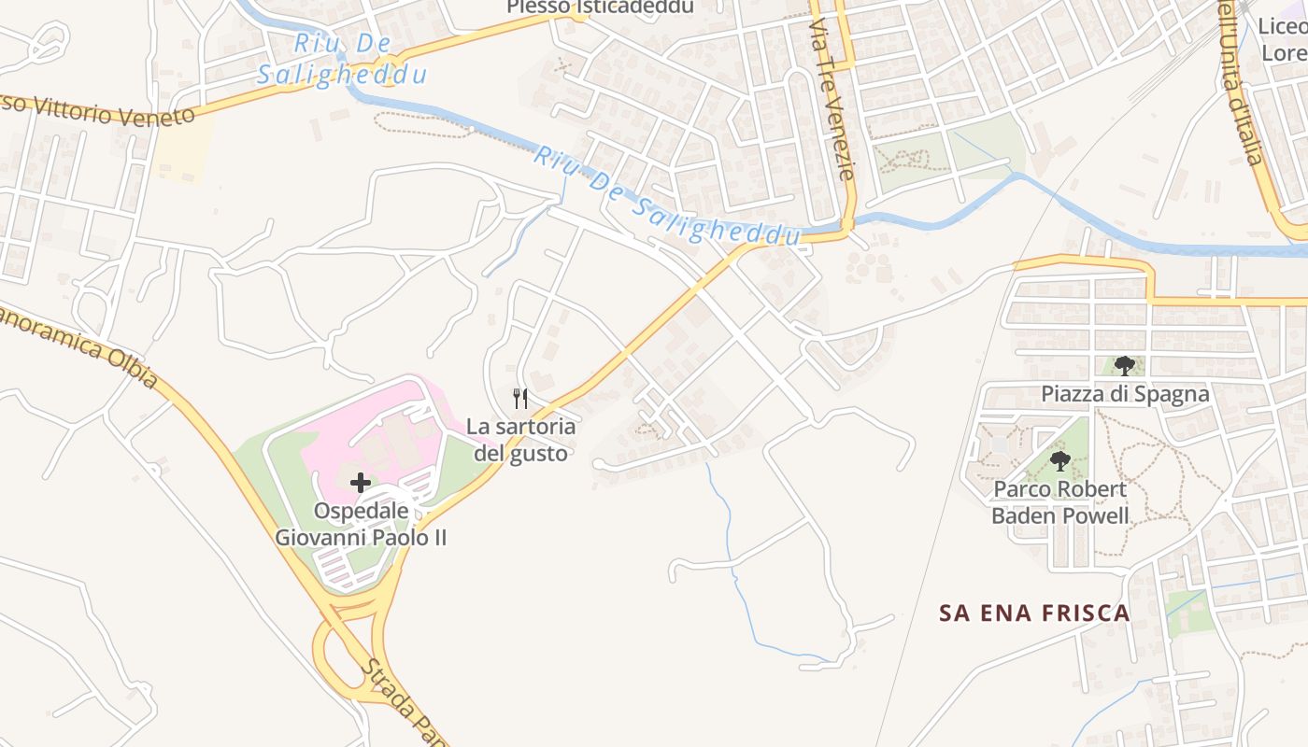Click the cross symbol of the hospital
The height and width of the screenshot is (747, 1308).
click(x=360, y=483)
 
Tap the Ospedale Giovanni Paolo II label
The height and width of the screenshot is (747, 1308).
click(x=361, y=524)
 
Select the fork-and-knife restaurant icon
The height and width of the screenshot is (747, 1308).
click(x=520, y=399)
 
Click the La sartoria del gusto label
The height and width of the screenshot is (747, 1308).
click(x=520, y=440)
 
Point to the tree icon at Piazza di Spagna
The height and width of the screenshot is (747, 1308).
click(x=1124, y=365)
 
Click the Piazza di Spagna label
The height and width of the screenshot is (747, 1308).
click(x=1125, y=394)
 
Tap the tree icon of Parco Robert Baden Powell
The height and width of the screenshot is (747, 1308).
click(x=1059, y=460)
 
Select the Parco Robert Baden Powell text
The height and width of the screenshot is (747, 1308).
click(x=1059, y=502)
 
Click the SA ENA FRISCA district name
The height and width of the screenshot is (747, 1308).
click(x=1034, y=613)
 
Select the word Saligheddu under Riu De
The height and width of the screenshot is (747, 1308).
click(x=342, y=76)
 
